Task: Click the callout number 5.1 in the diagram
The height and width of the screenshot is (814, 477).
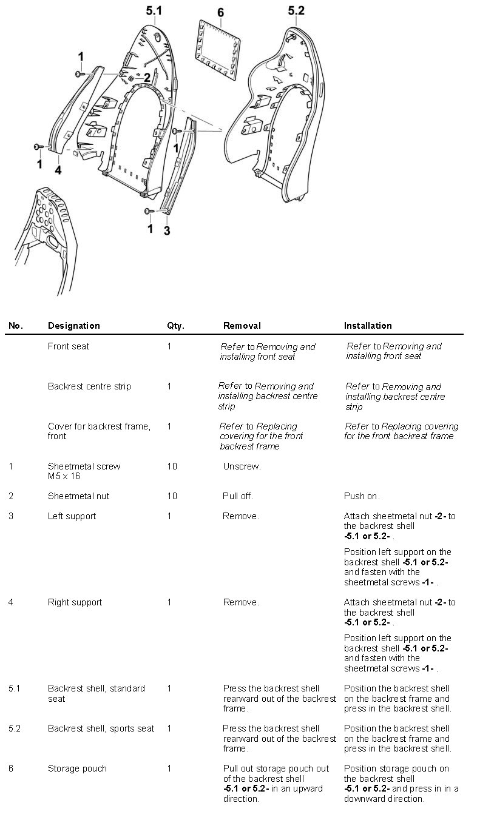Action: pos(154,10)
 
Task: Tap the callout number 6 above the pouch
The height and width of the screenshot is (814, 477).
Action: pos(220,13)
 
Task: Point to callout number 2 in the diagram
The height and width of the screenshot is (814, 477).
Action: pos(146,77)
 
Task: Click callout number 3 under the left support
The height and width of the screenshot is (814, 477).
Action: pos(167,230)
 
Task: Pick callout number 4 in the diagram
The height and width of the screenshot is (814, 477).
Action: pos(58,170)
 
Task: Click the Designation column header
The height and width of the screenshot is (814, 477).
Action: pos(73,326)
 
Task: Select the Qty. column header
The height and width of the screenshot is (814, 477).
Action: pos(175,326)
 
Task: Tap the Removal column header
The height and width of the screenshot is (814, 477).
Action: pos(242,326)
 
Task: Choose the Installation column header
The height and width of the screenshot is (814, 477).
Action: pos(368,326)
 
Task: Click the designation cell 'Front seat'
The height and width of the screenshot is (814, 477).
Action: pos(68,346)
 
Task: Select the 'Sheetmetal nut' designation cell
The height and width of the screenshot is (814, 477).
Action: pos(78,496)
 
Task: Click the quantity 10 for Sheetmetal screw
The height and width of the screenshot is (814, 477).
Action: pos(172,466)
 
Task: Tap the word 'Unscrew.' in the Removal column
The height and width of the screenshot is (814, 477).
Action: pos(242,466)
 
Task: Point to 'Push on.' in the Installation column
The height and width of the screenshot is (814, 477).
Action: pos(362,496)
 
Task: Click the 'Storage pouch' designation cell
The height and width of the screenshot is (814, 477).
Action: pos(77,769)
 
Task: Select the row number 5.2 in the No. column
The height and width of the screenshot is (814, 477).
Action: pos(15,728)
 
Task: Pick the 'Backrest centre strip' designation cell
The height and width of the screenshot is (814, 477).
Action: pos(89,386)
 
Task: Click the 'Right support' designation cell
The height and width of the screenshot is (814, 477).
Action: pos(75,602)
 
